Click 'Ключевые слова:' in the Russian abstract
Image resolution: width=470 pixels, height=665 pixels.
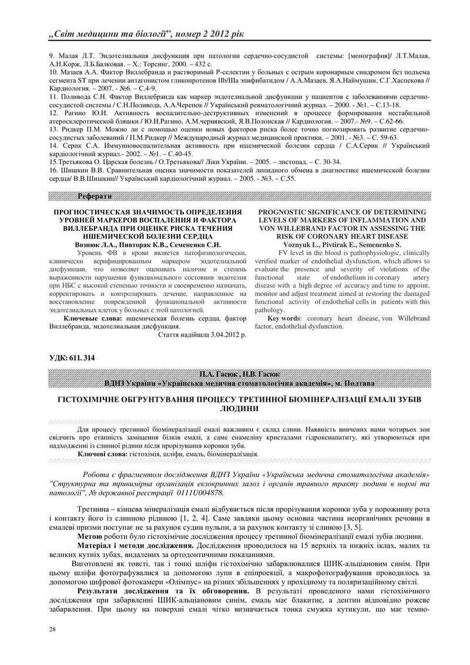click(89, 318)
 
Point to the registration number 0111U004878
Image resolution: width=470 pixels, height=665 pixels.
click(192, 492)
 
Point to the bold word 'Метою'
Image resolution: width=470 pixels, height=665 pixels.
click(90, 537)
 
